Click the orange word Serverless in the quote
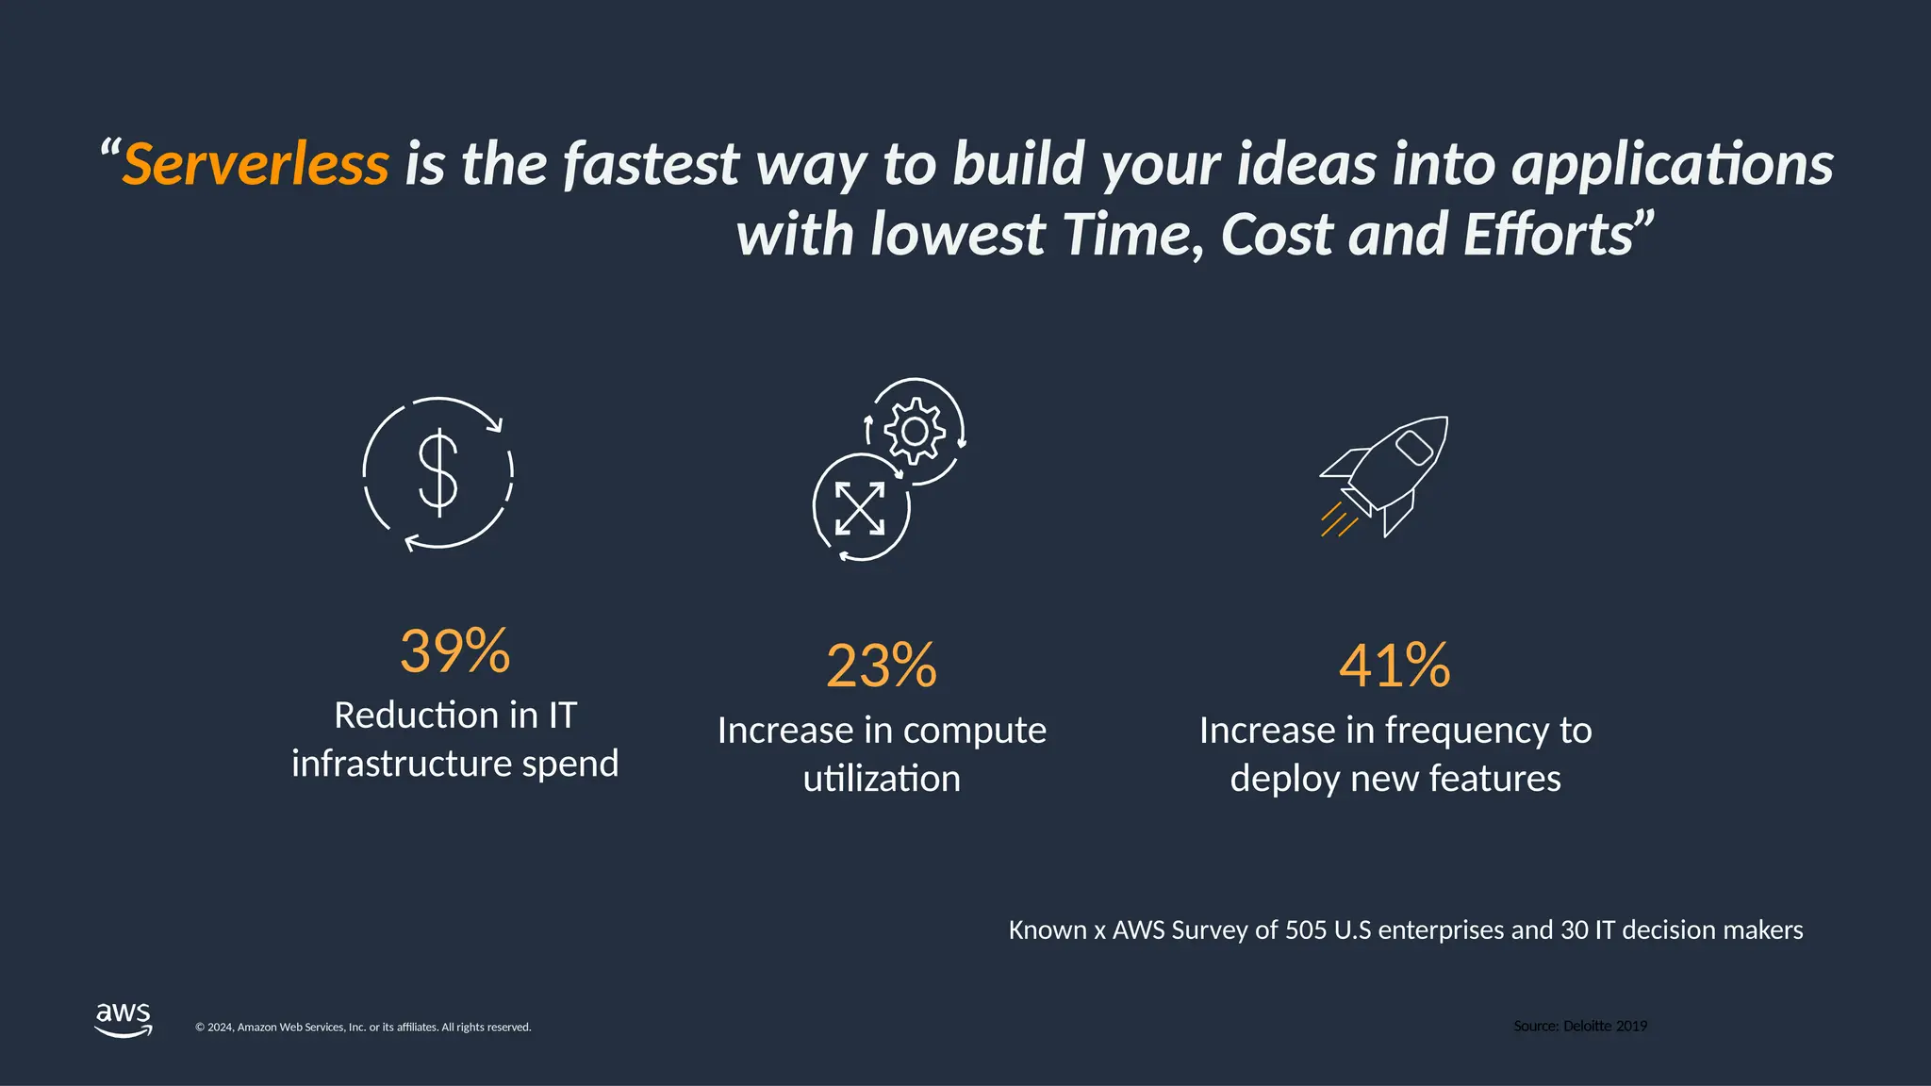pos(255,164)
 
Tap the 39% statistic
pos(454,650)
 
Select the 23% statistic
pos(882,666)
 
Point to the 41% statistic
pos(1395,666)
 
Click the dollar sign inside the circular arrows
pos(438,473)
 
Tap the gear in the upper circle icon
pos(915,432)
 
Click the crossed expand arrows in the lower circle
pos(860,508)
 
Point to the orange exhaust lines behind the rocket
pos(1338,520)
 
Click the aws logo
pos(124,1019)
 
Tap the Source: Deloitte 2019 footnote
pos(1580,1026)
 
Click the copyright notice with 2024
pos(363,1028)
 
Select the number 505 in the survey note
pos(1306,930)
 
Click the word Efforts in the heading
pos(1547,235)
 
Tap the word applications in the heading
pos(1673,164)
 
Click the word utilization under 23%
pos(882,780)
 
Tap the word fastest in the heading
pos(651,164)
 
